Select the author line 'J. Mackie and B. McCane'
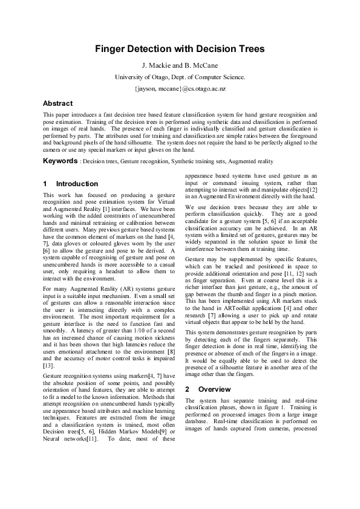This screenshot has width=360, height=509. point(180,65)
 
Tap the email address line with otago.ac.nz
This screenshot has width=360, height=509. point(180,88)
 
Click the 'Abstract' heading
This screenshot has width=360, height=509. point(58,103)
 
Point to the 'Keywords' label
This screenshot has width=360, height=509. point(60,161)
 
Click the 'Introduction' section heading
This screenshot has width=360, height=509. point(77,184)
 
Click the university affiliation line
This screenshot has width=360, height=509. point(180,77)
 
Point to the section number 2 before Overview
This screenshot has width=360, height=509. point(187,389)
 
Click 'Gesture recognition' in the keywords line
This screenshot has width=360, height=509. point(142,162)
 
